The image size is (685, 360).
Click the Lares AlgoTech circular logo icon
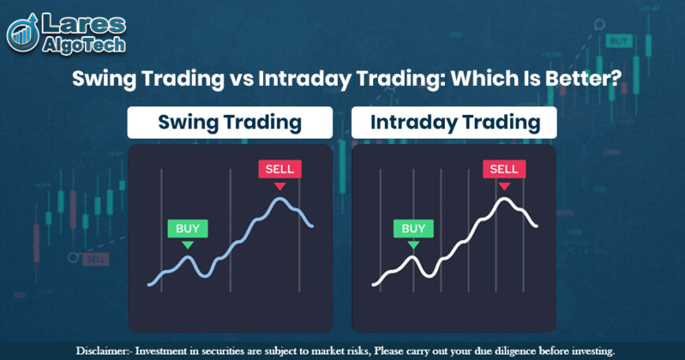24,32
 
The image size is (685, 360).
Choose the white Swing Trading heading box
230,123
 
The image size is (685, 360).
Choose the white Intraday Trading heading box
454,123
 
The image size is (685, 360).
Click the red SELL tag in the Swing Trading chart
280,169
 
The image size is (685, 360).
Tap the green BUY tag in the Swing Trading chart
187,229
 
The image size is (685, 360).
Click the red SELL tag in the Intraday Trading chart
504,169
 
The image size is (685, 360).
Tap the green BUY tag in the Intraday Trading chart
413,229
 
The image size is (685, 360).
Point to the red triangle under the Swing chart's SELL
280,186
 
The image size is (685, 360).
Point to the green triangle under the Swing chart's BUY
187,245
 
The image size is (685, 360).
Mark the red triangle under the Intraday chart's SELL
504,186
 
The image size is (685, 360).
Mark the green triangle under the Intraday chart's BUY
413,245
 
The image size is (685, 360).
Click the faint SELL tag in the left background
94,258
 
